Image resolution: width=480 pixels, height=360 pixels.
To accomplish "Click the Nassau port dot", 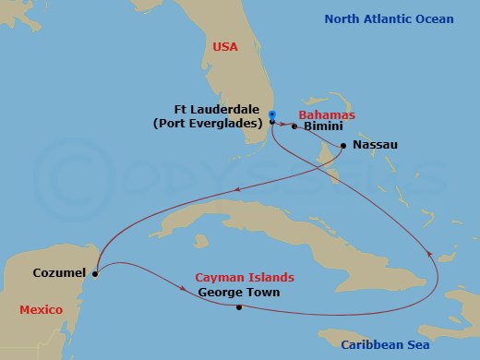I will click(343, 146).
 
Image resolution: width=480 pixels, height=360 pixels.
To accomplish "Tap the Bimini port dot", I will click(294, 126).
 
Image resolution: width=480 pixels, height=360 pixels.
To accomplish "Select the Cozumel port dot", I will click(95, 272).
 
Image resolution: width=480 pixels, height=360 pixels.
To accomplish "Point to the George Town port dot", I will click(239, 307).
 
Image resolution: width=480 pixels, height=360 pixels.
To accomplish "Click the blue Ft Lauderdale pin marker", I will click(272, 115).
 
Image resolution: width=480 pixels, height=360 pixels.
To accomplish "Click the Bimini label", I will click(320, 127).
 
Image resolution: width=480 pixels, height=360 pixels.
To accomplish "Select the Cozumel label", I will click(59, 273).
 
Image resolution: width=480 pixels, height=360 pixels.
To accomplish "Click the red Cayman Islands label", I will click(244, 277).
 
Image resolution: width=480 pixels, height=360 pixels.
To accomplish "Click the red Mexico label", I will click(42, 310).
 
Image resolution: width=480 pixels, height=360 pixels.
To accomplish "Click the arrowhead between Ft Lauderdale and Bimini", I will click(282, 123).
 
